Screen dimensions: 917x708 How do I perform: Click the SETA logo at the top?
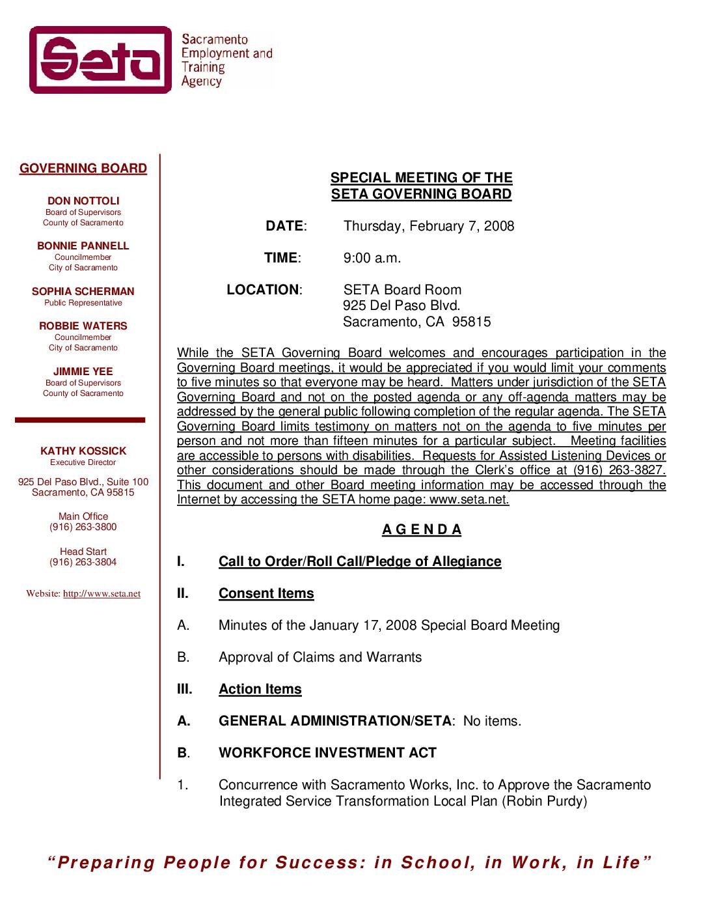[101, 60]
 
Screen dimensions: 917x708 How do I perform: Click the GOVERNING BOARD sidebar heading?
[83, 169]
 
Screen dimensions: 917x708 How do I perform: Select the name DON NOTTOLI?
[83, 201]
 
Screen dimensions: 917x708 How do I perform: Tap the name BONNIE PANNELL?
[83, 246]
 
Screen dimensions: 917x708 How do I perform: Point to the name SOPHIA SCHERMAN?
[83, 292]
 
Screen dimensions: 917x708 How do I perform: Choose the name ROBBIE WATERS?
[83, 326]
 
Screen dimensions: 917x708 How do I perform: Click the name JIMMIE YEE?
[83, 372]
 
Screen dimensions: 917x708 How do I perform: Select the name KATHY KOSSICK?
[83, 451]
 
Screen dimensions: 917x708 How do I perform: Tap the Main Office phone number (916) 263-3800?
[83, 527]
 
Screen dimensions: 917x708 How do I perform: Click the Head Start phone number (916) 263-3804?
[83, 562]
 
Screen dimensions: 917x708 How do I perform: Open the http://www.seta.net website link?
[102, 594]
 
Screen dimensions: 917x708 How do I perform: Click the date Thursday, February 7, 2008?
[429, 226]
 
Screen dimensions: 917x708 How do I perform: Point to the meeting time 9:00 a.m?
[372, 258]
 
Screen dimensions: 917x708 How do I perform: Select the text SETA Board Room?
[402, 290]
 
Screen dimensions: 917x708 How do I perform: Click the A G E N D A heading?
[422, 529]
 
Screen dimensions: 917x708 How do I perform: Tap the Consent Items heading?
[266, 593]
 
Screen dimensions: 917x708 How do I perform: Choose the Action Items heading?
[260, 689]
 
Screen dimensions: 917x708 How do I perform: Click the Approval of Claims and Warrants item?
[320, 657]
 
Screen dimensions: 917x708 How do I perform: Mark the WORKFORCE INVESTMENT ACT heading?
[327, 753]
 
